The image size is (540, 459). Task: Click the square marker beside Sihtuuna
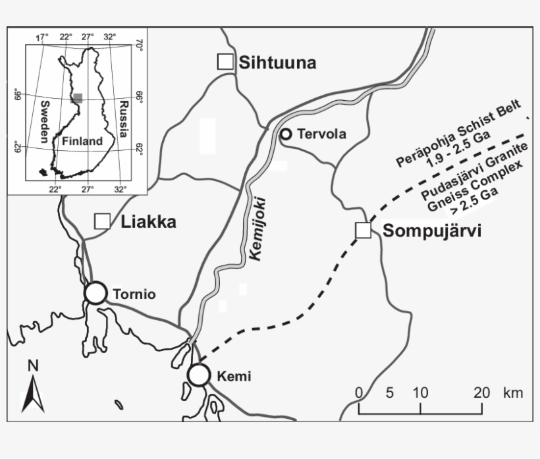pyautogui.click(x=225, y=61)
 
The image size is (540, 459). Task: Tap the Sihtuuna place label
pyautogui.click(x=277, y=63)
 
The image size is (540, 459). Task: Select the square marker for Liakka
pyautogui.click(x=102, y=221)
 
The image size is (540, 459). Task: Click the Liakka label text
pyautogui.click(x=149, y=222)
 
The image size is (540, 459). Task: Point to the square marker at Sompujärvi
pyautogui.click(x=363, y=230)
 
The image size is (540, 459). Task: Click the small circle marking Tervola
pyautogui.click(x=285, y=134)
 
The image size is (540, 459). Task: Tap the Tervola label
pyautogui.click(x=321, y=134)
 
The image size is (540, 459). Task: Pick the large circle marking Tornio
pyautogui.click(x=95, y=293)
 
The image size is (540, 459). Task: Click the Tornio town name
pyautogui.click(x=134, y=294)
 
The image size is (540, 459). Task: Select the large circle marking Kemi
pyautogui.click(x=198, y=375)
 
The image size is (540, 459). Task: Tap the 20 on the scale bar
pyautogui.click(x=481, y=392)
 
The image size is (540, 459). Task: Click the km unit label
pyautogui.click(x=513, y=392)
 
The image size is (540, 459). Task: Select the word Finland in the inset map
pyautogui.click(x=82, y=141)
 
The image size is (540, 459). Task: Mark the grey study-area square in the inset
pyautogui.click(x=77, y=97)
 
